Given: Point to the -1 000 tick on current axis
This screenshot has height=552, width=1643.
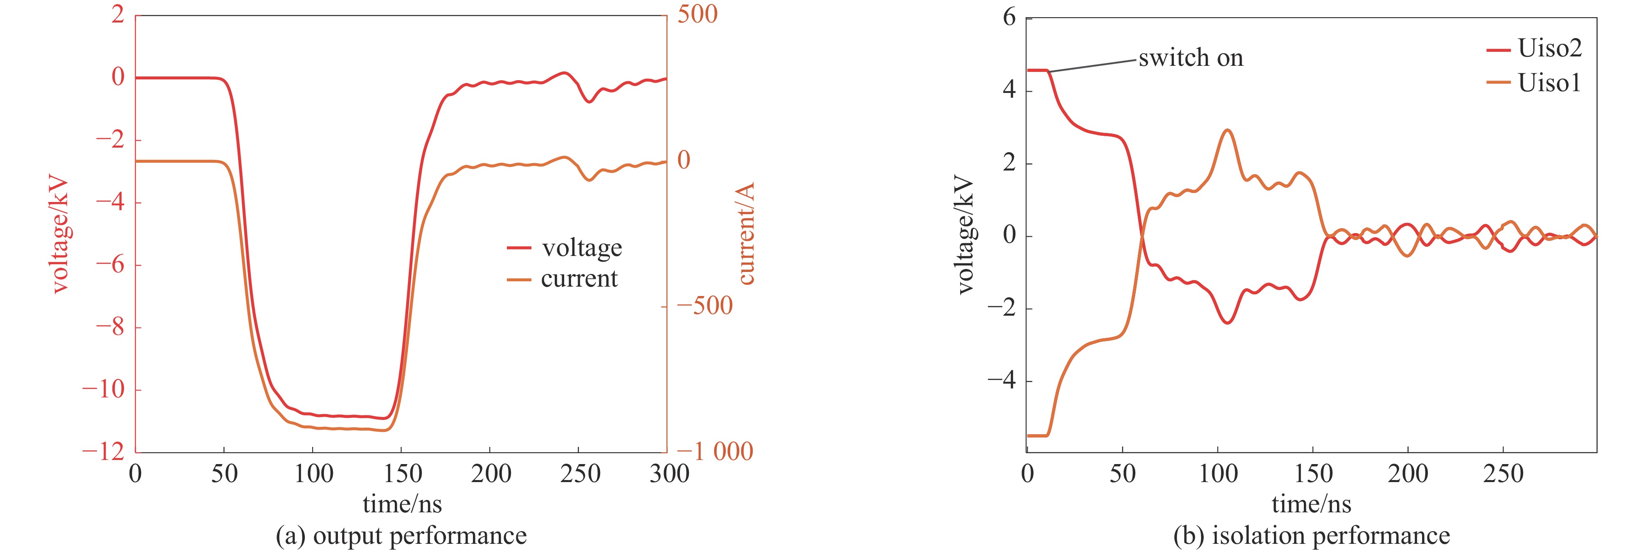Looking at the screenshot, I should pyautogui.click(x=714, y=451).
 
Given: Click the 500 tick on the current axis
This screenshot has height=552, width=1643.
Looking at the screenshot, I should pyautogui.click(x=697, y=14).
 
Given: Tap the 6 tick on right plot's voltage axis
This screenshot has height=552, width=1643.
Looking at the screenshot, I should pyautogui.click(x=1008, y=17).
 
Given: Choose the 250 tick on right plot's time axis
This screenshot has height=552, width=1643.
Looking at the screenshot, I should pyautogui.click(x=1503, y=473).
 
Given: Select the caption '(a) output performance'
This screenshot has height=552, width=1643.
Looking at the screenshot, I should pyautogui.click(x=401, y=535).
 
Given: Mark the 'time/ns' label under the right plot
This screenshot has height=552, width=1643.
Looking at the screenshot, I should pyautogui.click(x=1311, y=504).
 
